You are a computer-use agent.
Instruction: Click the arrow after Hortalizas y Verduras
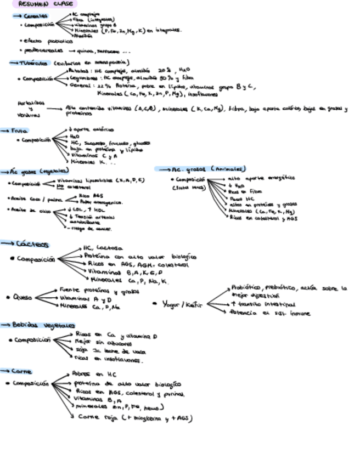[53, 109]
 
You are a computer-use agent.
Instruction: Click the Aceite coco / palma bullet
[31, 198]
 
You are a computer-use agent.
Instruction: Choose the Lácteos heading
[32, 245]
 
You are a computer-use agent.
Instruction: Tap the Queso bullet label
[22, 298]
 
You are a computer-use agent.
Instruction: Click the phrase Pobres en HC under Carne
[91, 374]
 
